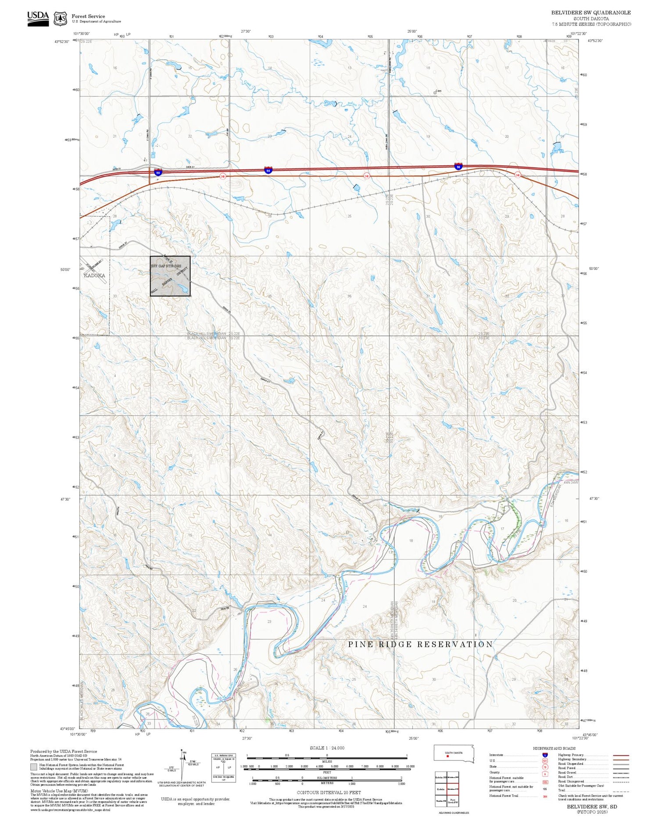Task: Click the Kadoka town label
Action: pyautogui.click(x=94, y=276)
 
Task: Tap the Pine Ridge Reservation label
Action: pyautogui.click(x=420, y=644)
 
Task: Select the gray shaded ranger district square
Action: pyautogui.click(x=170, y=276)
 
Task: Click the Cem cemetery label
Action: pyautogui.click(x=438, y=91)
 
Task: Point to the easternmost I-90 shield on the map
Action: pyautogui.click(x=458, y=167)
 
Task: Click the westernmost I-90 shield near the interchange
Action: pyautogui.click(x=157, y=172)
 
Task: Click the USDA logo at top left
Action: pyautogui.click(x=38, y=18)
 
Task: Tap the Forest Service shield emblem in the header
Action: pyautogui.click(x=60, y=18)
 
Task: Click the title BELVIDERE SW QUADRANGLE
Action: pyautogui.click(x=591, y=13)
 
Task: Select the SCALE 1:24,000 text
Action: pyautogui.click(x=327, y=748)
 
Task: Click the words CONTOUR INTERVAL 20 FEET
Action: pyautogui.click(x=329, y=792)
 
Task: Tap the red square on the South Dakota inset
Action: pyautogui.click(x=447, y=756)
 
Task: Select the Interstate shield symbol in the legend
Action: pyautogui.click(x=545, y=755)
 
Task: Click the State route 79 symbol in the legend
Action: pyautogui.click(x=545, y=767)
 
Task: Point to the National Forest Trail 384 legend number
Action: pyautogui.click(x=545, y=796)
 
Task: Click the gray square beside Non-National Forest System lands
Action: pyautogui.click(x=33, y=767)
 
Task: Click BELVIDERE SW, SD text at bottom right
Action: pyautogui.click(x=592, y=806)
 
